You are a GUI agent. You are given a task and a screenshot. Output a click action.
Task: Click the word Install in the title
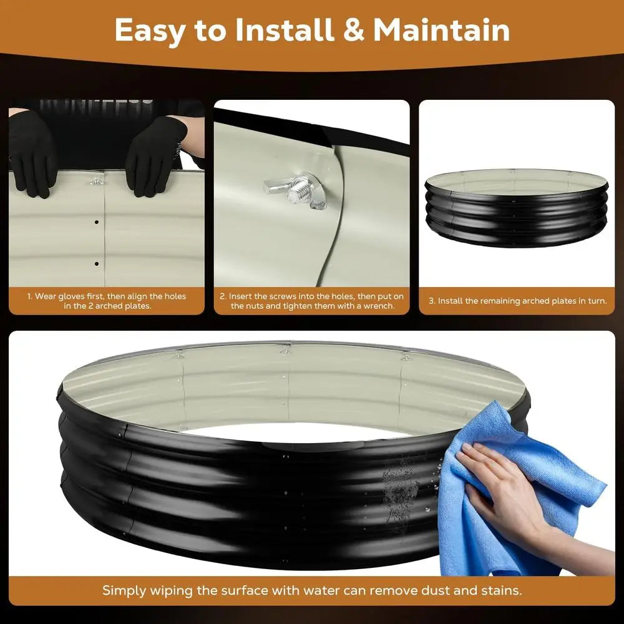pyautogui.click(x=284, y=30)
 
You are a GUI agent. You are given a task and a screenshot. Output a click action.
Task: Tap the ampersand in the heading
pyautogui.click(x=353, y=30)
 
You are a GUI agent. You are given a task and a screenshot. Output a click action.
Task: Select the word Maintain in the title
pyautogui.click(x=441, y=30)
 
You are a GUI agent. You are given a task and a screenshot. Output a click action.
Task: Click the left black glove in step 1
pyautogui.click(x=32, y=154)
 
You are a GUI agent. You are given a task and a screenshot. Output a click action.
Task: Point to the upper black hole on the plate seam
pyautogui.click(x=97, y=222)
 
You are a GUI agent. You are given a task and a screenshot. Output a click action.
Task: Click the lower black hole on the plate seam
pyautogui.click(x=97, y=263)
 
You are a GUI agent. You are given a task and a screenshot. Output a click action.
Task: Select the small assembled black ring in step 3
pyautogui.click(x=517, y=207)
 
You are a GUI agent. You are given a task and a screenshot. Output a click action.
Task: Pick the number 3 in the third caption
pyautogui.click(x=431, y=301)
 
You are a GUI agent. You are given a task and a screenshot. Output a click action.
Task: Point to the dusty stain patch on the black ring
pyautogui.click(x=401, y=492)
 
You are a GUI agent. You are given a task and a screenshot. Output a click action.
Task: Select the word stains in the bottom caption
pyautogui.click(x=502, y=590)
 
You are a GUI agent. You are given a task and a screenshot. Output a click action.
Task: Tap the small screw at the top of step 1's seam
pyautogui.click(x=97, y=182)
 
